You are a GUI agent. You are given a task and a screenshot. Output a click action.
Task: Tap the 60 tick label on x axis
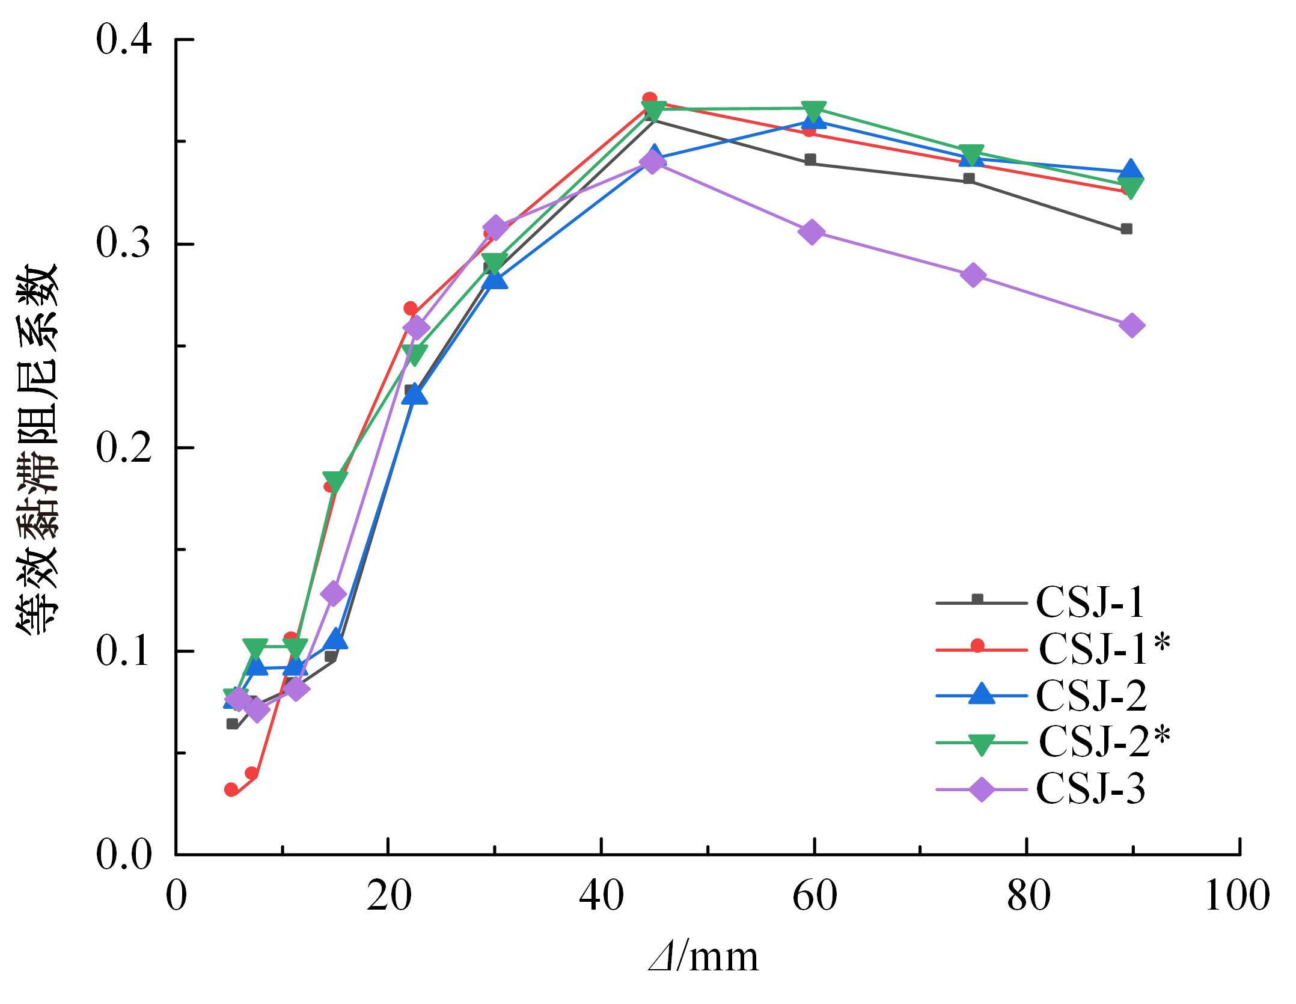click(814, 896)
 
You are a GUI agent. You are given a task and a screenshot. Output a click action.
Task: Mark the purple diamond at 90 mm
click(1131, 326)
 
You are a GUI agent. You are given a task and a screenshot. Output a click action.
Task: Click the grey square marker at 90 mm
click(1126, 229)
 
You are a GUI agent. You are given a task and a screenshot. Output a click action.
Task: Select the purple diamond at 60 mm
click(812, 232)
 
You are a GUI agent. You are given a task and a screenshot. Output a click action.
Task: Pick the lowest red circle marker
click(231, 789)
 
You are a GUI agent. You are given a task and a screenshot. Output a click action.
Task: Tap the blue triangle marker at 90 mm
click(1130, 170)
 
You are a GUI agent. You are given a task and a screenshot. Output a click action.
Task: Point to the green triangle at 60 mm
click(813, 111)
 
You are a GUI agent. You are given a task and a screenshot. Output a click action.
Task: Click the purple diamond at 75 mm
click(973, 275)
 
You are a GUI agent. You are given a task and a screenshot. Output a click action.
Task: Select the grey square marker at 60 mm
click(810, 160)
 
